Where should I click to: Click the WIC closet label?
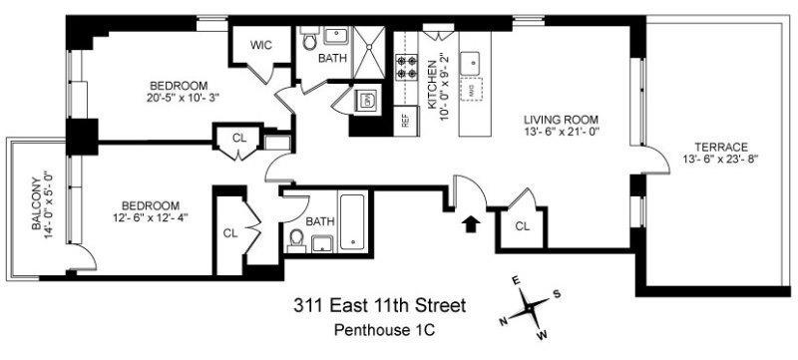tap(262, 46)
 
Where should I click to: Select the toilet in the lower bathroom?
tap(296, 238)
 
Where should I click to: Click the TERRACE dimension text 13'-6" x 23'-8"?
tap(711, 160)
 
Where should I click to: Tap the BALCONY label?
tap(35, 204)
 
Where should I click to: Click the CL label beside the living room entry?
tap(522, 225)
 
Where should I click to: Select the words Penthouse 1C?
tap(378, 328)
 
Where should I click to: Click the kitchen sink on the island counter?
tap(475, 64)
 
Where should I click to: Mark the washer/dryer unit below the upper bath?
tap(366, 99)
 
